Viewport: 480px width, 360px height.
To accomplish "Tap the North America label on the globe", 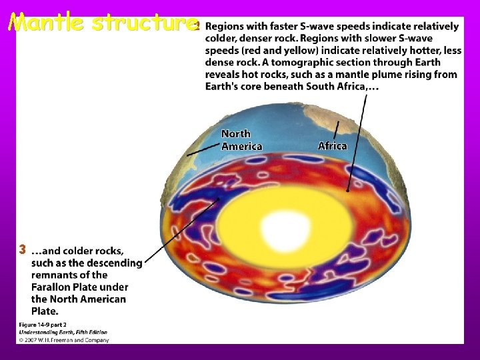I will [241, 140].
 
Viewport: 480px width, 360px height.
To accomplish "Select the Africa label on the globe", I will [332, 145].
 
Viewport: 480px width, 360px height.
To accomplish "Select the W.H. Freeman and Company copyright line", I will [63, 339].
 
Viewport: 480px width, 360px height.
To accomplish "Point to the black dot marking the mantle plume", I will [347, 190].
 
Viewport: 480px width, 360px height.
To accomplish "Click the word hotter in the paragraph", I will [419, 51].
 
